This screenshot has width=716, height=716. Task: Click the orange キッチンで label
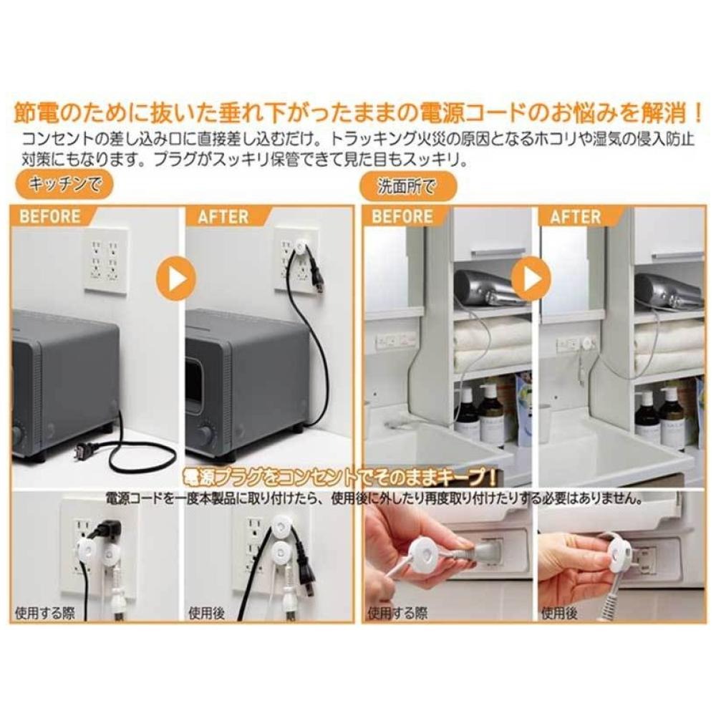pyautogui.click(x=65, y=186)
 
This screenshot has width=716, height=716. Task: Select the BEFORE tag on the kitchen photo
pyautogui.click(x=50, y=216)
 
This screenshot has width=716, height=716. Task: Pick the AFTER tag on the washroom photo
pyautogui.click(x=576, y=216)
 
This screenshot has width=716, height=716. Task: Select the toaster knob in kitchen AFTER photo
pyautogui.click(x=206, y=433)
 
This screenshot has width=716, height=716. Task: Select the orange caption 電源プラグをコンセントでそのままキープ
pyautogui.click(x=340, y=478)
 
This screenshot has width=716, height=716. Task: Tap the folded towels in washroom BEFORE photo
pyautogui.click(x=489, y=344)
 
